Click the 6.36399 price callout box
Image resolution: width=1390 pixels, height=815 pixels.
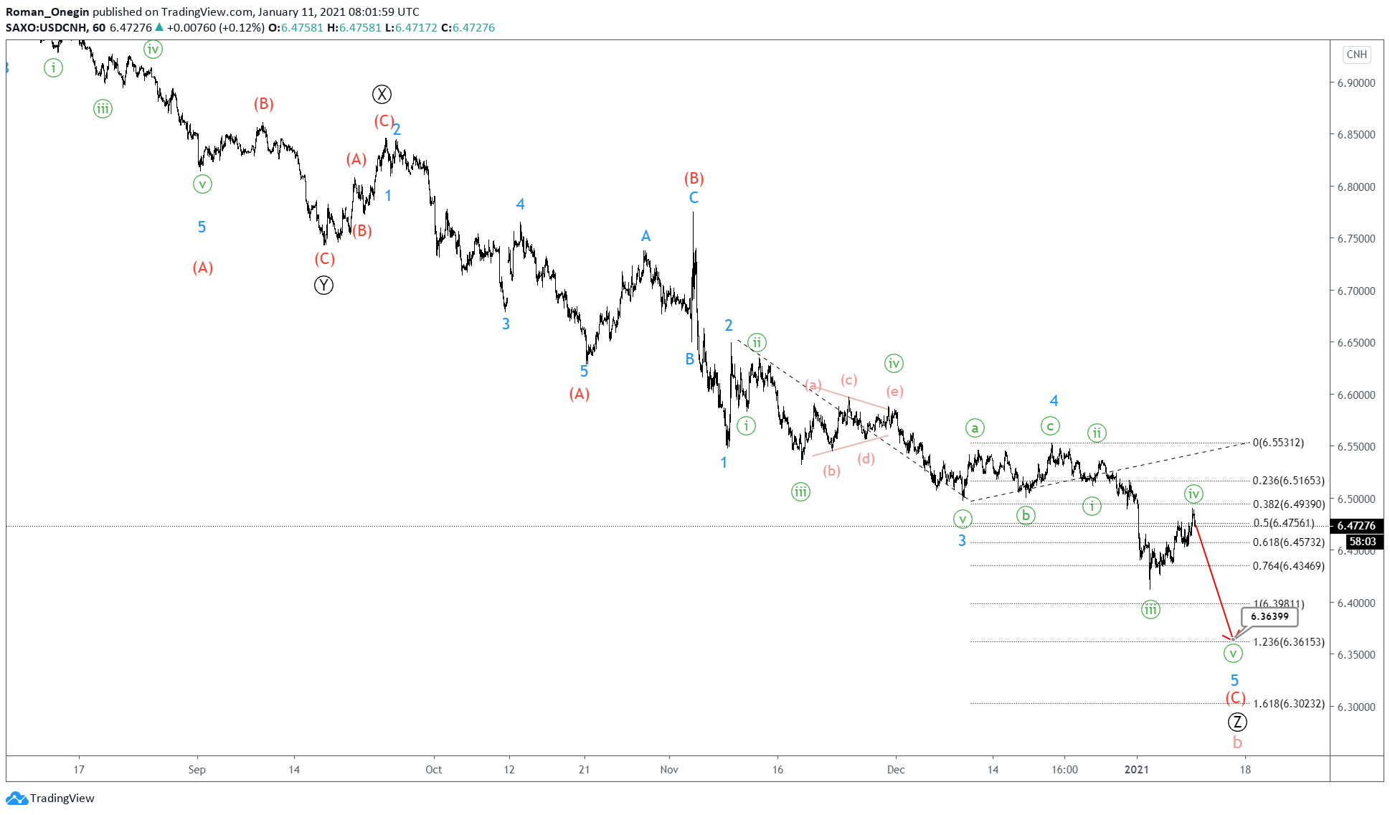1270,616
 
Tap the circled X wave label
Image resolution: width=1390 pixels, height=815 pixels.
382,94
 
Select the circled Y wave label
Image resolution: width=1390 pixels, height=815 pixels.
323,286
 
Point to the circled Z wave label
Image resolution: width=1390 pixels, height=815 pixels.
1237,722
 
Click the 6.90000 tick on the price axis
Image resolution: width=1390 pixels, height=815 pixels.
1356,83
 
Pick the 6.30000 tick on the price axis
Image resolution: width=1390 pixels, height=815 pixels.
1356,707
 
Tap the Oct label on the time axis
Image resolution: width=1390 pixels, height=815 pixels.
433,770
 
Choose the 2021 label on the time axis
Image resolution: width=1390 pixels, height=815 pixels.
1136,770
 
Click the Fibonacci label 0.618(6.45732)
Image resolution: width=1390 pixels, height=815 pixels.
1288,542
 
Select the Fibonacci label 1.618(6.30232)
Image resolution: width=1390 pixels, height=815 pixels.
1288,704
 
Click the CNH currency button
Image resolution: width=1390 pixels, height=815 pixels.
1356,55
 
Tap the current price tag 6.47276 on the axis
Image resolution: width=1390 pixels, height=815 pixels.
1356,526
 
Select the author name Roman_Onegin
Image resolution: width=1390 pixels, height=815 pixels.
47,11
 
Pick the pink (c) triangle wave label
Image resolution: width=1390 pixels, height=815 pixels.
848,380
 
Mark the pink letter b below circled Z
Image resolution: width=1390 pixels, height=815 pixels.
1237,743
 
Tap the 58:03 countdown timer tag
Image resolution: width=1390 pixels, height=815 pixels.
1362,542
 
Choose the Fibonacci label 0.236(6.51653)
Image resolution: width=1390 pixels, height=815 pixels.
1288,481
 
